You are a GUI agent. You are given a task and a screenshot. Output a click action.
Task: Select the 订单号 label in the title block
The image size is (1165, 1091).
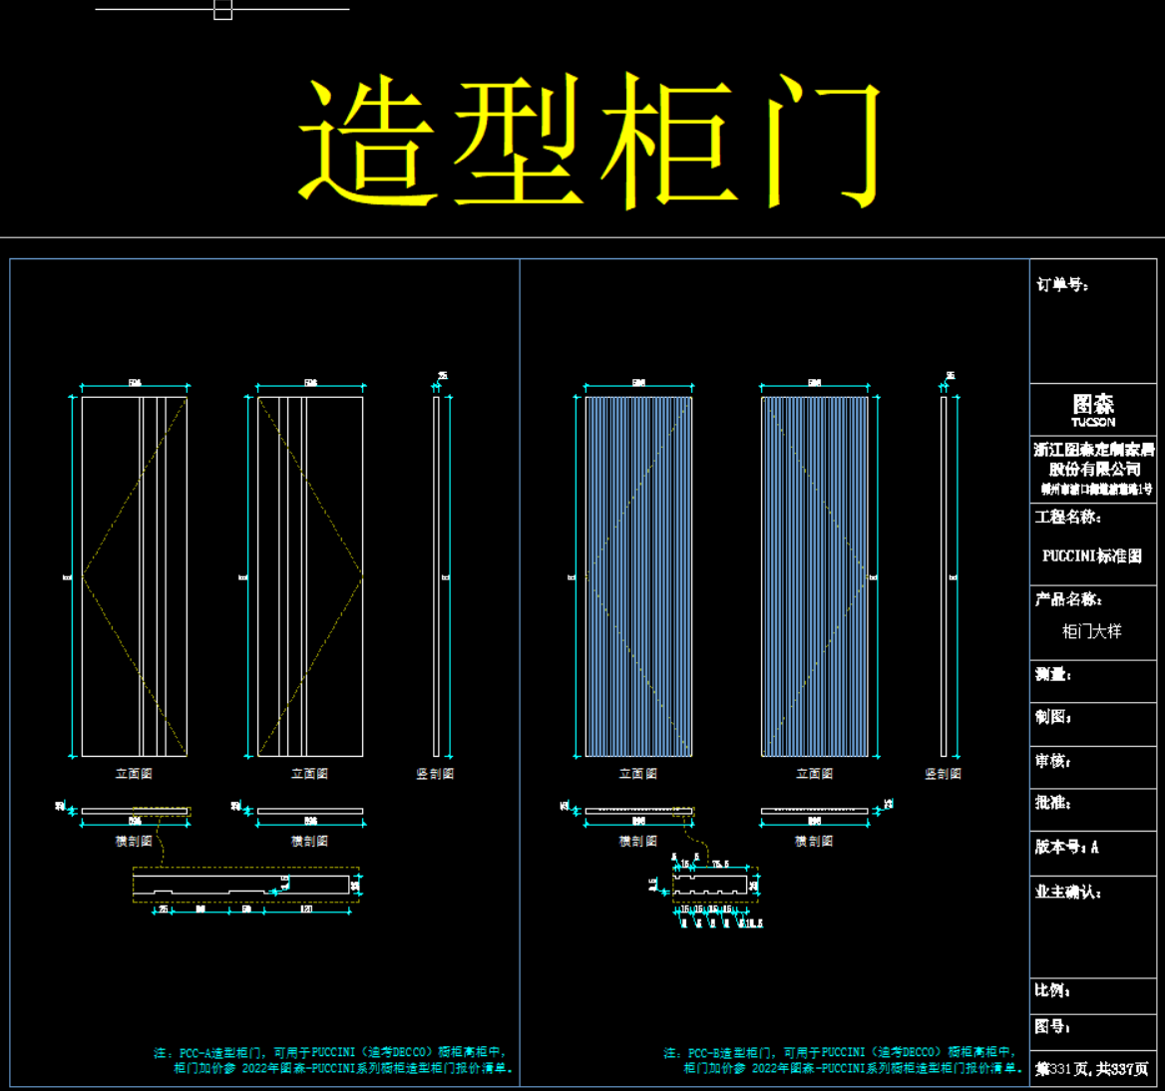1062,285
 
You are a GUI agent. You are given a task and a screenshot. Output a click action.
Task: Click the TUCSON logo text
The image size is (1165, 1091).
1093,422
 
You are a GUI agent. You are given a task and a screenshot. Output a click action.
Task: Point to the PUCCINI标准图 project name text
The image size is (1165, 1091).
1092,556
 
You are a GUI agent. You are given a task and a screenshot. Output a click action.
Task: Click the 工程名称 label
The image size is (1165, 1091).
1067,517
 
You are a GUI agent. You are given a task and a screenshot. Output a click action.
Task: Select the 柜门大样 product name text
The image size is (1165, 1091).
1092,631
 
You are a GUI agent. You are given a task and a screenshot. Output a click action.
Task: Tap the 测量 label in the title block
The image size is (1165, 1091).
1053,675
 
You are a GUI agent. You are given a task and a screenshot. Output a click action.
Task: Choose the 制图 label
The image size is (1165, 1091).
1053,717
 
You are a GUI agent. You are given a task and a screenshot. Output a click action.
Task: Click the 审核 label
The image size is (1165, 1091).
1053,761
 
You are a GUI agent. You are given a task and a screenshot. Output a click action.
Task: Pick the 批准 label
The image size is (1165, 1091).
1053,803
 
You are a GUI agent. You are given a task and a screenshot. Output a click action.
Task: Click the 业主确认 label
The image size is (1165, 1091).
1067,892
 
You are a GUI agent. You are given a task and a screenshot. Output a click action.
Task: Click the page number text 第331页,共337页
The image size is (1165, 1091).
1092,1069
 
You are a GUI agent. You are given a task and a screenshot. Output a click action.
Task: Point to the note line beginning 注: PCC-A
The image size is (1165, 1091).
331,1052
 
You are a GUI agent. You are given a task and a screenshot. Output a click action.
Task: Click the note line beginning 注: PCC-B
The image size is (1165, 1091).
840,1052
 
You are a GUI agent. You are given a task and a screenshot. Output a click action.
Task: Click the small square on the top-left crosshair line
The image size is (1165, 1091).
223,10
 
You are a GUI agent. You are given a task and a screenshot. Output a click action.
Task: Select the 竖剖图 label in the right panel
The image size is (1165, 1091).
943,774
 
